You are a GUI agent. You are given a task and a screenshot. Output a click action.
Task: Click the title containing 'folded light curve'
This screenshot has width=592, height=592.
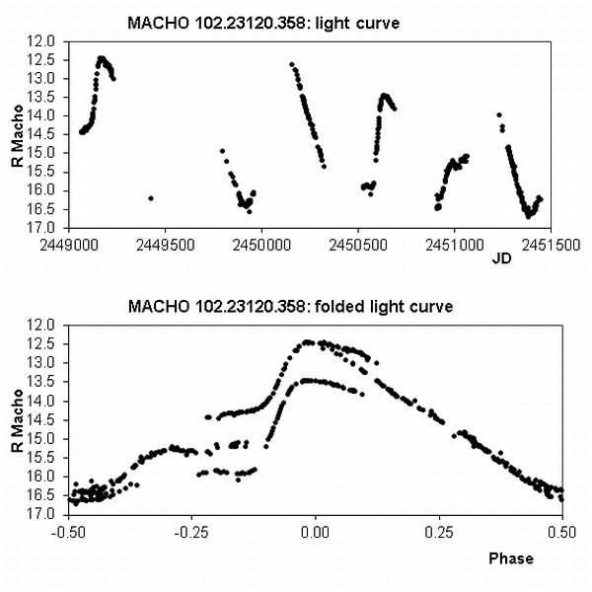290,307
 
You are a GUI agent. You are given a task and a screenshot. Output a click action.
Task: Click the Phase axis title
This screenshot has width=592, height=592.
511,558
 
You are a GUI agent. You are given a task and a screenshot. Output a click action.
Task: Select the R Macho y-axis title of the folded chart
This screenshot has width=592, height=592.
17,418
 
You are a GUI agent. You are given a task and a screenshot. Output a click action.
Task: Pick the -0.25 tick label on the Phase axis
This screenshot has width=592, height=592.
190,530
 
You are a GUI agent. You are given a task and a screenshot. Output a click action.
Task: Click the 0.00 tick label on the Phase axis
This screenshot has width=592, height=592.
315,530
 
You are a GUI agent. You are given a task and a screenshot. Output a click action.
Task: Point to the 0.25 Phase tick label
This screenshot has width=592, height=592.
437,530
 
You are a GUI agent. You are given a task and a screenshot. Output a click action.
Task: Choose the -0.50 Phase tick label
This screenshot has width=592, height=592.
67,530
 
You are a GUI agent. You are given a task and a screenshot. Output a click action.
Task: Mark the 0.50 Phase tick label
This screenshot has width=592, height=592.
560,530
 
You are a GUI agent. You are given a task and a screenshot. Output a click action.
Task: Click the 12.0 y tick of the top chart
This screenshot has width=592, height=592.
43,41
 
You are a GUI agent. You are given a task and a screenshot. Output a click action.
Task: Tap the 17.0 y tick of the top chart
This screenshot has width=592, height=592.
43,227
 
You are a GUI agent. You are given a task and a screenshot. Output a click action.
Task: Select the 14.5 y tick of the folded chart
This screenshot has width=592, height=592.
43,419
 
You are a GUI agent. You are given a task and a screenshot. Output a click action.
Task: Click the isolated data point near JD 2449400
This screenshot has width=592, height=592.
150,198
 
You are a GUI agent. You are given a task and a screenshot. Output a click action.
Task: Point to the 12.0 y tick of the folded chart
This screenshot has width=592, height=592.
43,325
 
